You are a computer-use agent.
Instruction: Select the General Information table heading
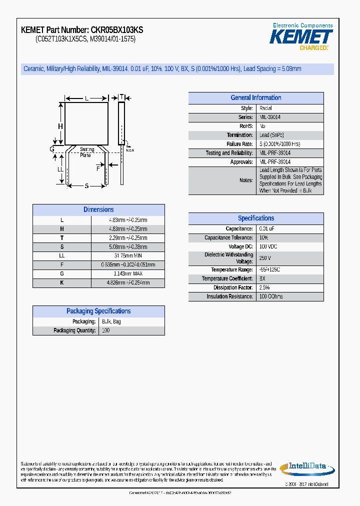255,98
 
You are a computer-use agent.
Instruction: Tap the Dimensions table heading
98,210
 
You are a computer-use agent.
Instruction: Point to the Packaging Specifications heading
98,311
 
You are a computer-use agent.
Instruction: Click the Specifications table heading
255,218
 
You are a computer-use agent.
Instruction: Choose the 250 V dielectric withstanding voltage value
265,258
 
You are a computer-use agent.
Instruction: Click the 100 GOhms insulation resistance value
271,296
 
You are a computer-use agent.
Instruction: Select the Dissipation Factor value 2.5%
264,287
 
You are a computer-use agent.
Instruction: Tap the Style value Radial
265,108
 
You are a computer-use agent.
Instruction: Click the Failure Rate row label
239,144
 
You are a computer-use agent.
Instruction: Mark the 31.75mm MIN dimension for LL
128,255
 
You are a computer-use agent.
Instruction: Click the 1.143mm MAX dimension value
128,273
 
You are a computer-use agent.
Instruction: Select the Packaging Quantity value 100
106,330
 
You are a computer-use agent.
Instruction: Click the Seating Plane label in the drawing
86,152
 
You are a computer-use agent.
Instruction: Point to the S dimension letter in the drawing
86,186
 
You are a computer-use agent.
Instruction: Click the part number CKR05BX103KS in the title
117,30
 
